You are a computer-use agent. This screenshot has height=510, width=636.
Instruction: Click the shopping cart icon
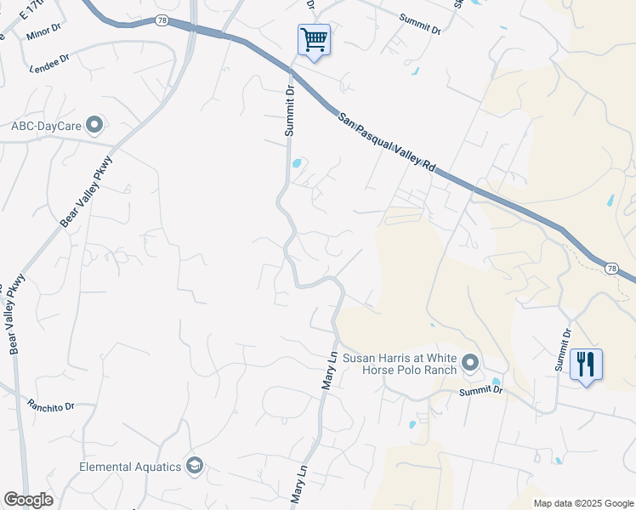(x=314, y=39)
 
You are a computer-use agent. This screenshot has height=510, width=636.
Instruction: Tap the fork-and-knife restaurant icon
(x=586, y=365)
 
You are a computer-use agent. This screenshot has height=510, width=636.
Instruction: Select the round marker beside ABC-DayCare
(x=94, y=126)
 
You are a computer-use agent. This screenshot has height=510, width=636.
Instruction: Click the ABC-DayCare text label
(x=46, y=126)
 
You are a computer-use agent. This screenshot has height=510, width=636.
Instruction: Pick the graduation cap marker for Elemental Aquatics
(x=195, y=466)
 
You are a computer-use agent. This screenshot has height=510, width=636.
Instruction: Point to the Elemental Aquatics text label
(x=130, y=467)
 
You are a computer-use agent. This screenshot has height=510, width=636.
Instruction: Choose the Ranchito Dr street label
(x=50, y=405)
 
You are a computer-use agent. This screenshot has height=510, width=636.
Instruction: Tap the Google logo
(x=28, y=500)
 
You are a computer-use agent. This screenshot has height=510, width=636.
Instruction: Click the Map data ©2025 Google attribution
(x=582, y=503)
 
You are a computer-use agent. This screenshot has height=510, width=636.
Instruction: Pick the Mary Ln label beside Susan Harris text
(x=329, y=371)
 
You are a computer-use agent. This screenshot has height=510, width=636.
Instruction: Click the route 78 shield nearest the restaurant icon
(x=611, y=269)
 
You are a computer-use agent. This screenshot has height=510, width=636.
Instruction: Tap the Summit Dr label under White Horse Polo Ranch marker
(x=480, y=391)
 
